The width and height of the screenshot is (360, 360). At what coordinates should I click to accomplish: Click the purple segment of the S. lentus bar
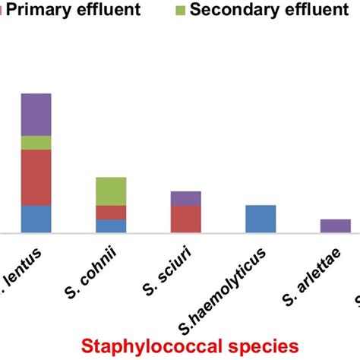[x=36, y=114]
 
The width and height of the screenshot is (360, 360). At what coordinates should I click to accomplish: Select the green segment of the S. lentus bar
[x=36, y=143]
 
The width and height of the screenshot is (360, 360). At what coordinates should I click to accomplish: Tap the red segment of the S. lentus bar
[x=36, y=177]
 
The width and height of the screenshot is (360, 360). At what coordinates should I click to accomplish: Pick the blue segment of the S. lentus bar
[x=36, y=219]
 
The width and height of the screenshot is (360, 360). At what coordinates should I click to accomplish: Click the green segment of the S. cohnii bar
[x=111, y=191]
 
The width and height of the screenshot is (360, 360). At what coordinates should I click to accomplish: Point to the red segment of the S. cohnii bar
[x=111, y=212]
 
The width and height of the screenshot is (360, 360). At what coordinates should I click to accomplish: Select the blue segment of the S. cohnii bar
[x=111, y=226]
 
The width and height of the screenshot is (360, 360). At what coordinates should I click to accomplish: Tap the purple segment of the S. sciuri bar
[x=185, y=198]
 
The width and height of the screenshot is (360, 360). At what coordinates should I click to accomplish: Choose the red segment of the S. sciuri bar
[x=185, y=219]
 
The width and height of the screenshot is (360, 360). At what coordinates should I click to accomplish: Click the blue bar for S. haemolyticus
[x=261, y=219]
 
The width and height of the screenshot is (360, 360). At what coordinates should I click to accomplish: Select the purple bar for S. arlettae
[x=335, y=226]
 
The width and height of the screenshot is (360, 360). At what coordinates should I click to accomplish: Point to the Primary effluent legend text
[x=76, y=11]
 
